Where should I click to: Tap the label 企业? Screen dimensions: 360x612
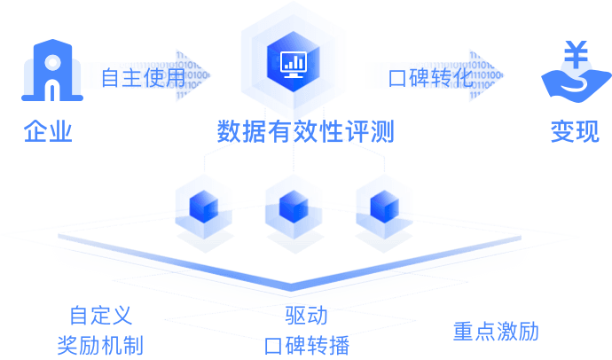(x=48, y=132)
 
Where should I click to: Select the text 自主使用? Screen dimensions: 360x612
(x=143, y=77)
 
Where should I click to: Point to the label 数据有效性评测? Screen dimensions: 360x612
(x=305, y=132)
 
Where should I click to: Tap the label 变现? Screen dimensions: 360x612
(x=574, y=132)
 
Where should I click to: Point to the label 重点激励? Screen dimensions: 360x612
(x=496, y=332)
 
